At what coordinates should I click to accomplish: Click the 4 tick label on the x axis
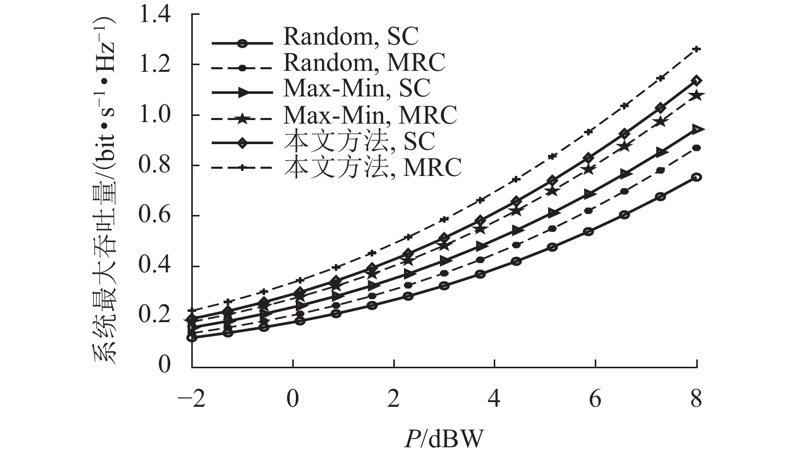pos(494,399)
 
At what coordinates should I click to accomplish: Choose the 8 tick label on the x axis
pos(696,399)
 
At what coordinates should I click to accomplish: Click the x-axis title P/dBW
pos(443,439)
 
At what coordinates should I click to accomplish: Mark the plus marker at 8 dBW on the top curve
pos(696,49)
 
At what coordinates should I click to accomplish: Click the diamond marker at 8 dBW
pos(696,81)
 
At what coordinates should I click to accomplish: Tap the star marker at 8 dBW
pos(696,95)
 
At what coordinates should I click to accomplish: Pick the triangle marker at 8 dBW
pos(696,129)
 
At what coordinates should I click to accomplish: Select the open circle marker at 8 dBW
pos(696,177)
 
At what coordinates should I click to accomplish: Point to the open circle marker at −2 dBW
pos(192,338)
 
